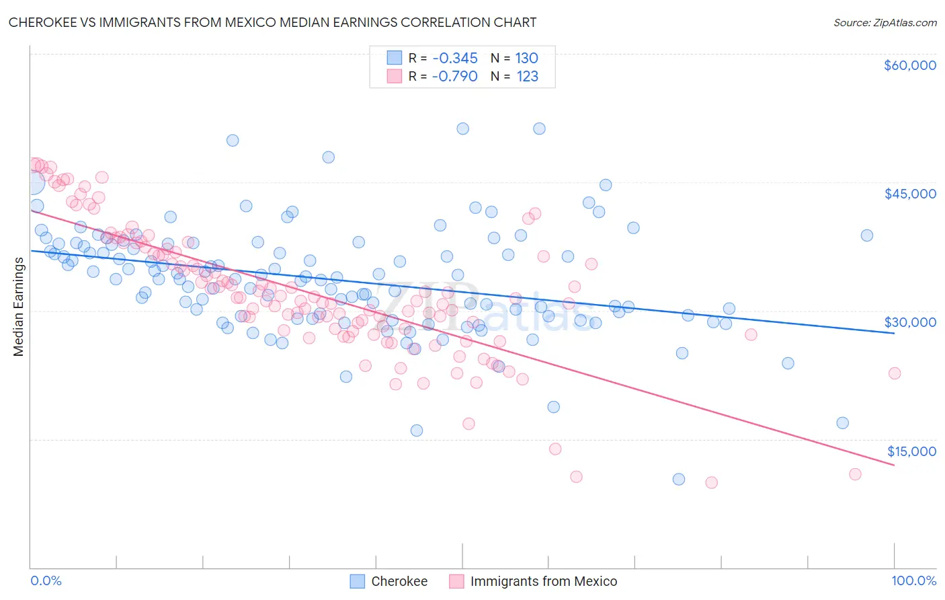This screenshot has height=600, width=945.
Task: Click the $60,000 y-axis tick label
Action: [x=909, y=65]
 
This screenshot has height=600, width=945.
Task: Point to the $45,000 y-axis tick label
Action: [x=909, y=194]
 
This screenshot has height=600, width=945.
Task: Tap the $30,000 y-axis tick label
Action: [x=909, y=322]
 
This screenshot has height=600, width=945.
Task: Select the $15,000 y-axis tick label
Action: [x=911, y=451]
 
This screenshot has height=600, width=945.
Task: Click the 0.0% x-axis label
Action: [x=46, y=580]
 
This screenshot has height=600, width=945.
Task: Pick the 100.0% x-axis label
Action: [x=913, y=580]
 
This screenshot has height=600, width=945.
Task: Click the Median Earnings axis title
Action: [x=18, y=307]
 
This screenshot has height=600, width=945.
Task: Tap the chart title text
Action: [x=272, y=22]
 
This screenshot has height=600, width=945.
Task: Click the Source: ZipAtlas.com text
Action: [x=885, y=23]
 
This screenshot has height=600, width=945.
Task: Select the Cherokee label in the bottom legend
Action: [x=399, y=581]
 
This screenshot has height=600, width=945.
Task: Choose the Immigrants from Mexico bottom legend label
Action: [x=543, y=581]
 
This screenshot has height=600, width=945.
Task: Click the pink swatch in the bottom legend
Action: [x=456, y=581]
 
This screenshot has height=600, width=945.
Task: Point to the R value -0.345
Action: [x=455, y=58]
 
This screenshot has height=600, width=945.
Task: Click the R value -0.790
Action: [x=455, y=76]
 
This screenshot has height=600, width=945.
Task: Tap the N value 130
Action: [x=527, y=58]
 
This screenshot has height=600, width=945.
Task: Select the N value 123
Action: [x=527, y=76]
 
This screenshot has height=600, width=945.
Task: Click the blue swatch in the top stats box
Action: [x=394, y=58]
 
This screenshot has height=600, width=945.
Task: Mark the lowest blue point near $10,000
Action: [x=679, y=479]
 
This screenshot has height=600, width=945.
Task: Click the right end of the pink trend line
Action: [x=894, y=465]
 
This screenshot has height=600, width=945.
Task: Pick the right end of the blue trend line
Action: [x=894, y=333]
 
